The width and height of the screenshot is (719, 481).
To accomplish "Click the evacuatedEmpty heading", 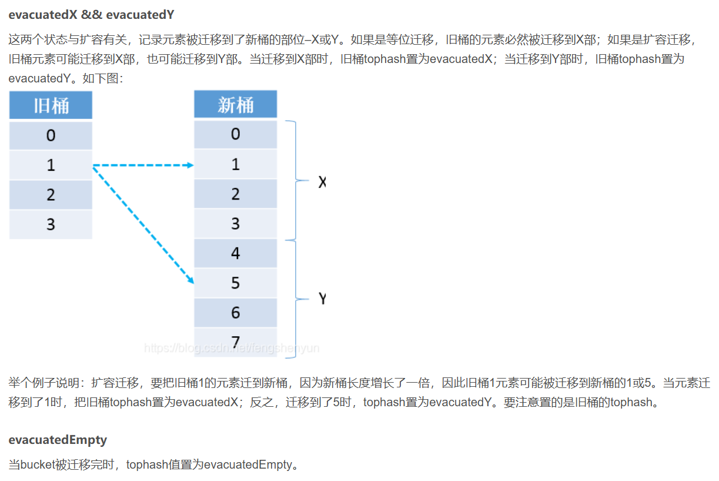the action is pyautogui.click(x=58, y=440).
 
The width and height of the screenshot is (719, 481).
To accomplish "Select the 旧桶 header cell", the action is pyautogui.click(x=51, y=105).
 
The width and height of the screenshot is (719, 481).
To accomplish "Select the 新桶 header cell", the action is pyautogui.click(x=235, y=105).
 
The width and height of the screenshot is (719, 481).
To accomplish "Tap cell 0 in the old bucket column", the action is pyautogui.click(x=51, y=135).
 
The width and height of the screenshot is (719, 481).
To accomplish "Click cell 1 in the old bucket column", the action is pyautogui.click(x=51, y=165).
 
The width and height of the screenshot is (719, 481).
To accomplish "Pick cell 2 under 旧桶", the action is pyautogui.click(x=51, y=195).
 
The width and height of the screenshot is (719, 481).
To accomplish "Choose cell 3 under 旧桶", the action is pyautogui.click(x=51, y=224).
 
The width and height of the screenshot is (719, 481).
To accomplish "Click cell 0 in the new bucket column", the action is pyautogui.click(x=235, y=134).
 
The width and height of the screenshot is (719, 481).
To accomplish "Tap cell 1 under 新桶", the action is pyautogui.click(x=235, y=164).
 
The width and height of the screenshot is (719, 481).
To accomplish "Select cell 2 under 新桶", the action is pyautogui.click(x=235, y=194).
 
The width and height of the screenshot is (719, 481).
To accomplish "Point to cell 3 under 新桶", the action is pyautogui.click(x=235, y=224).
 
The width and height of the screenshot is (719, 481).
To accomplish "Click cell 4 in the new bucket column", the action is pyautogui.click(x=235, y=253).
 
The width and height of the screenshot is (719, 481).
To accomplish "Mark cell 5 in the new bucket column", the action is pyautogui.click(x=235, y=283).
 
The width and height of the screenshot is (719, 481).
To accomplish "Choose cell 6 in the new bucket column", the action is pyautogui.click(x=235, y=313).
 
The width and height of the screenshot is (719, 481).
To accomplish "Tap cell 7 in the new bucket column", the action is pyautogui.click(x=235, y=342).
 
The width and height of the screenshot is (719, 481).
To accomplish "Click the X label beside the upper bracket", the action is pyautogui.click(x=322, y=183).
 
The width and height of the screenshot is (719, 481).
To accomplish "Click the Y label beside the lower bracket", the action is pyautogui.click(x=322, y=299).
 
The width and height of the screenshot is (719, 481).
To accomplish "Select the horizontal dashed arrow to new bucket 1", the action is pyautogui.click(x=143, y=165).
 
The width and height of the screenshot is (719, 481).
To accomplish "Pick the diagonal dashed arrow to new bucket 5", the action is pyautogui.click(x=143, y=224).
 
